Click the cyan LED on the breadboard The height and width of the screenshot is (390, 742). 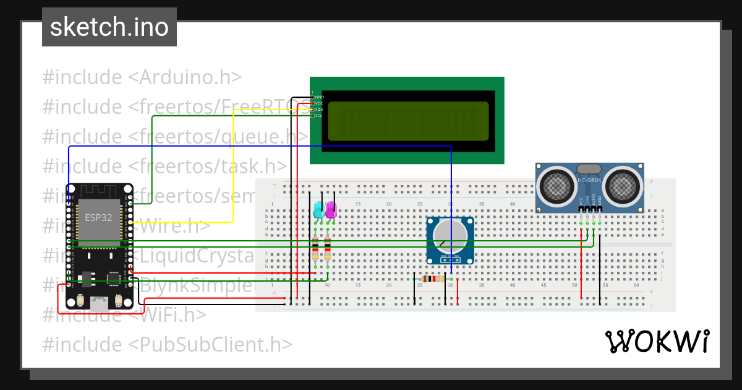pos(318,209)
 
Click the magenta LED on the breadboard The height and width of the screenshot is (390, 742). pos(331,209)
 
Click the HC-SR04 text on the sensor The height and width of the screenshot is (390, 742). pos(589,181)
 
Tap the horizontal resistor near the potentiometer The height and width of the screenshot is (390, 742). pos(432,279)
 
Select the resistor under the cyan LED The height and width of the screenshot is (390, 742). pos(315,249)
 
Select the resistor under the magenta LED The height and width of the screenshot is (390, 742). pos(328,249)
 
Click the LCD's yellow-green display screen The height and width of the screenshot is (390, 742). pos(407,121)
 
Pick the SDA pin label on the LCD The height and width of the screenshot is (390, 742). pos(319,110)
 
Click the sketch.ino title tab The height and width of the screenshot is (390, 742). pos(109,27)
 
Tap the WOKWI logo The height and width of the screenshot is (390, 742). pos(656,341)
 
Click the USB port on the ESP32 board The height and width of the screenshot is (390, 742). pos(98,303)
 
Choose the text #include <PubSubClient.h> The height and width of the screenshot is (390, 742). pos(167,344)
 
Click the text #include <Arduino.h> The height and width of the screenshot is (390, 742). pos(142,77)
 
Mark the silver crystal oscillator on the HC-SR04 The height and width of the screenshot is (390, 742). pos(589,168)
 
